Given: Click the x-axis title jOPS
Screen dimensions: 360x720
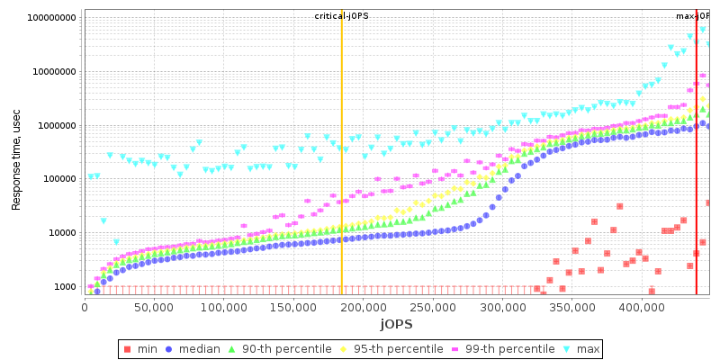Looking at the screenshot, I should pyautogui.click(x=396, y=324).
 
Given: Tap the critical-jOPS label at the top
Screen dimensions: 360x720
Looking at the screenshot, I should pyautogui.click(x=341, y=16).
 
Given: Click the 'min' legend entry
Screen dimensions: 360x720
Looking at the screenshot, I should pyautogui.click(x=140, y=349).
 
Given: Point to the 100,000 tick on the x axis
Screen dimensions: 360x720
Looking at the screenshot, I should pyautogui.click(x=223, y=308).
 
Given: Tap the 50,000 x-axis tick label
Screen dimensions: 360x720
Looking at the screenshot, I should pyautogui.click(x=154, y=308).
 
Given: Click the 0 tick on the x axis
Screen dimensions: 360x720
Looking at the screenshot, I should pyautogui.click(x=85, y=308).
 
